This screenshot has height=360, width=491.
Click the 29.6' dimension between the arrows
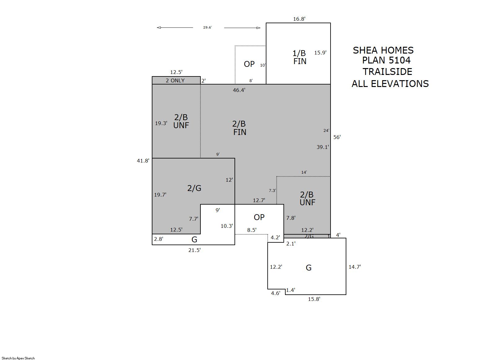coord(207,27)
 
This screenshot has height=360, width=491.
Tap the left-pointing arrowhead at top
coord(159,28)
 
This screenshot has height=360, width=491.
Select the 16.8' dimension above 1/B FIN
coord(299,19)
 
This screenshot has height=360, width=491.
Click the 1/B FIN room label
coord(300,57)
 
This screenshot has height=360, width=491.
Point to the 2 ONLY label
coord(175,80)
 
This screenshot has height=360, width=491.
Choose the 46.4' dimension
coord(239,90)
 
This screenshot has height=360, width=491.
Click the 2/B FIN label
coord(239,128)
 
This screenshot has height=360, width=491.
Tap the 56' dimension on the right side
coord(337,137)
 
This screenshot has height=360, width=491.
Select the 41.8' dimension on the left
coord(143,161)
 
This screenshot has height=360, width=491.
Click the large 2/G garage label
coord(194,188)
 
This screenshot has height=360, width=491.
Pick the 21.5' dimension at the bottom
coord(195,250)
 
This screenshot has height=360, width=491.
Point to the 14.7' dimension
coord(355,267)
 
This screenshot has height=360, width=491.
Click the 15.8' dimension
coord(314,299)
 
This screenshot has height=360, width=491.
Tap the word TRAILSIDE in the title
coord(387,72)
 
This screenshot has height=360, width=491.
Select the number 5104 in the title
coord(400,60)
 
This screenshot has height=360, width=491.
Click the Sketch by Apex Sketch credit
coord(18,358)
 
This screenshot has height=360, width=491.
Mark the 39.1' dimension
coord(323,147)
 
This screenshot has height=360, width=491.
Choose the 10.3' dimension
coord(227,226)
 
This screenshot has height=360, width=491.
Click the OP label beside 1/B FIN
coord(249,64)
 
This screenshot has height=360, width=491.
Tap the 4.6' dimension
coord(275,293)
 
